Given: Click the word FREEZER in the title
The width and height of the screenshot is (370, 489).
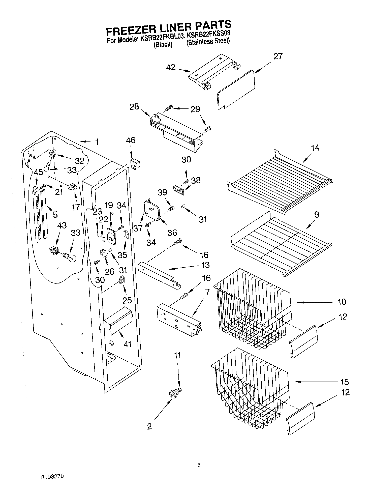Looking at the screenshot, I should click(x=129, y=31).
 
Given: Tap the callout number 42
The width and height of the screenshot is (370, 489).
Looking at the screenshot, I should click(x=171, y=68).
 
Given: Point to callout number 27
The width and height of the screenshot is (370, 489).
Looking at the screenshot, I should click(x=278, y=56).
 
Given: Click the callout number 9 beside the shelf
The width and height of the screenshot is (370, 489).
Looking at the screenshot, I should click(x=317, y=215).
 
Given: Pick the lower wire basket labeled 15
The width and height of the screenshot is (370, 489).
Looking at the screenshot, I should click(x=250, y=388).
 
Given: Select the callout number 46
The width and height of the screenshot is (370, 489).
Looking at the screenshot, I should click(x=130, y=140).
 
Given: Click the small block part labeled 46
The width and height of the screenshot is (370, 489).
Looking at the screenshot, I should click(x=136, y=164).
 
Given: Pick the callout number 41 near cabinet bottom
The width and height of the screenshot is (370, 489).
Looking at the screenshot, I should click(x=128, y=344).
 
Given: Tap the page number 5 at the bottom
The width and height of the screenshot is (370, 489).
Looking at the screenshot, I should click(x=199, y=465).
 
